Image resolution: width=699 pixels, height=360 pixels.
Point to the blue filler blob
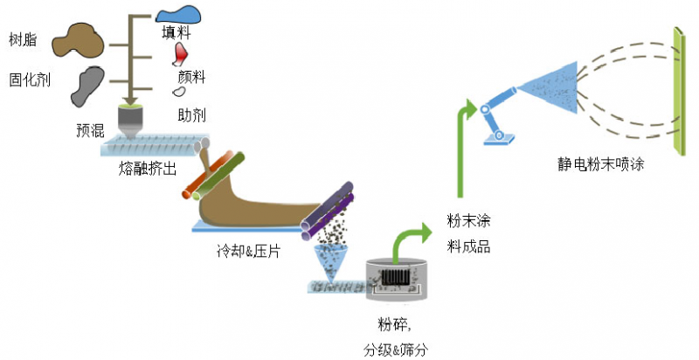pyautogui.click(x=179, y=14)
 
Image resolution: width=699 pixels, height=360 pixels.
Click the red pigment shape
pyautogui.click(x=181, y=55)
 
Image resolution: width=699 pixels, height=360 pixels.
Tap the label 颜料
pyautogui.click(x=192, y=77)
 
